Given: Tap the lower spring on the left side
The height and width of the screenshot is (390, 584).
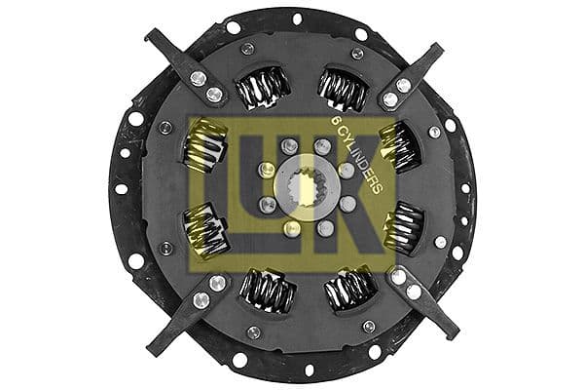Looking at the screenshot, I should (x=206, y=230).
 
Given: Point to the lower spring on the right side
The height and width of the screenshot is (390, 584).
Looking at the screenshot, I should (x=401, y=230).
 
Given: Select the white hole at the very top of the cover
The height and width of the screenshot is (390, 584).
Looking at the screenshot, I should (x=297, y=18).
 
